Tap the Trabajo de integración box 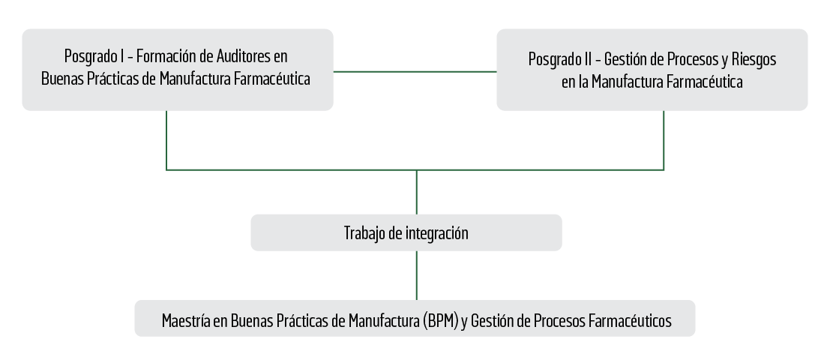406,233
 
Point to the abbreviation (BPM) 441,321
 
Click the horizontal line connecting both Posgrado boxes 415,71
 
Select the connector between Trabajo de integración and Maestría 416,275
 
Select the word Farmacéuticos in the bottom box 630,321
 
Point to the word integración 436,233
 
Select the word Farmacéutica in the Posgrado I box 272,79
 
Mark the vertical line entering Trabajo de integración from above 416,192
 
